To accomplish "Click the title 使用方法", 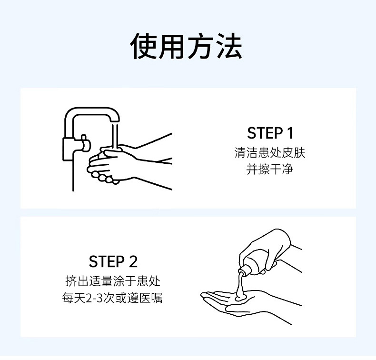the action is click(x=186, y=46).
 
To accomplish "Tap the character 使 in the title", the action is click(x=144, y=46).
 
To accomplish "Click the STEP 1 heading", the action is click(x=270, y=133).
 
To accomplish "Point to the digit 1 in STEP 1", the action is click(x=290, y=133).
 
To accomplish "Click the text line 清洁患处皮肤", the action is click(x=270, y=153).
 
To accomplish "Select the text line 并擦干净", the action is click(x=270, y=170).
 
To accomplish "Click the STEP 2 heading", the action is click(x=113, y=261).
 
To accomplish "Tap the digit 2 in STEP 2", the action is click(x=133, y=261).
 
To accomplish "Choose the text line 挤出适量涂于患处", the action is click(x=113, y=281).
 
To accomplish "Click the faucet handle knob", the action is click(x=85, y=143).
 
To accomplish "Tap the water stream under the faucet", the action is click(x=115, y=136).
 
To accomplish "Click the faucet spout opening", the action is click(x=115, y=121).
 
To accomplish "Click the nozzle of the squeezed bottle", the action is click(x=243, y=271).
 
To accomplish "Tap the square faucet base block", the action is click(x=70, y=149).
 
